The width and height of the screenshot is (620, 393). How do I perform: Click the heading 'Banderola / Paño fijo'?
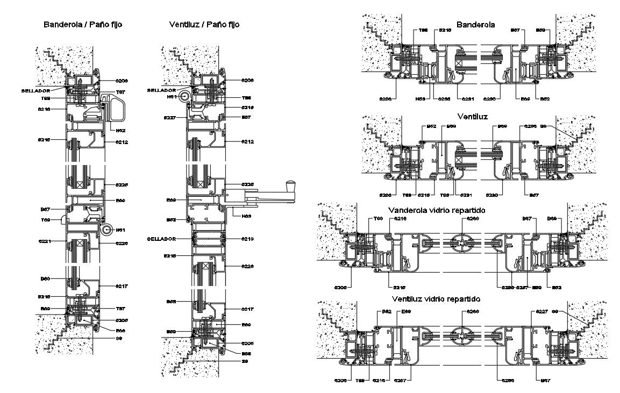coord(83,25)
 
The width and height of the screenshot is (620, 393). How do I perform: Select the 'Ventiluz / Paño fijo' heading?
coord(204,25)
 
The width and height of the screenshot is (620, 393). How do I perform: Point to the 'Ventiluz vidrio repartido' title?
coord(436,298)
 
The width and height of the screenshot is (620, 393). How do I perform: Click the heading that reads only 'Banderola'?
coord(476,25)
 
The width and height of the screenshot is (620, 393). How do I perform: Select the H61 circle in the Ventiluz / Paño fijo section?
coord(185,97)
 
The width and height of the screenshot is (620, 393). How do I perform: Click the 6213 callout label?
coord(247,238)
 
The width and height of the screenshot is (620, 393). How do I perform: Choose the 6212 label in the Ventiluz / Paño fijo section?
coord(247,142)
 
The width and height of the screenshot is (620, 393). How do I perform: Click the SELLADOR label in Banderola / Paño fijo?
coord(35,91)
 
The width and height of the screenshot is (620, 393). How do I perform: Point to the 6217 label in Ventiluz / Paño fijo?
coord(247,309)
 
